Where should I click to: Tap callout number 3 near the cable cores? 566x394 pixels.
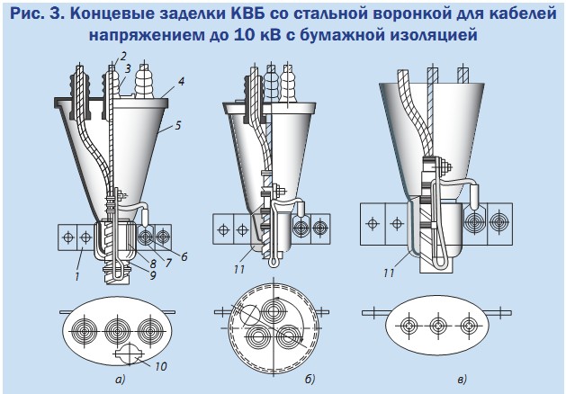[x=129, y=67]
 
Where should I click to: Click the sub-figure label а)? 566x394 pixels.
[x=116, y=381]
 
